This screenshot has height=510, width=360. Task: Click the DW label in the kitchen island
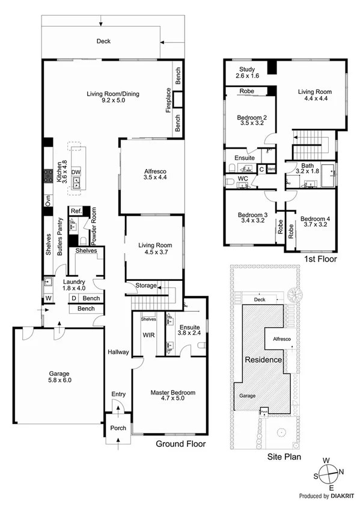pos(76,172)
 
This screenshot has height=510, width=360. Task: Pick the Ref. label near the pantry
pos(76,211)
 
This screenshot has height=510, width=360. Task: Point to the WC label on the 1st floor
pos(243,179)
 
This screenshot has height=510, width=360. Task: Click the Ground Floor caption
pos(180,444)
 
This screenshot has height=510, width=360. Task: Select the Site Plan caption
pos(284,457)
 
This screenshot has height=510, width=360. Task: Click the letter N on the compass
pos(341,472)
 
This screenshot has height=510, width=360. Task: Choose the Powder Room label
pos(94,228)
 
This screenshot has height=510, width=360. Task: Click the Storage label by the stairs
pos(145,286)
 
